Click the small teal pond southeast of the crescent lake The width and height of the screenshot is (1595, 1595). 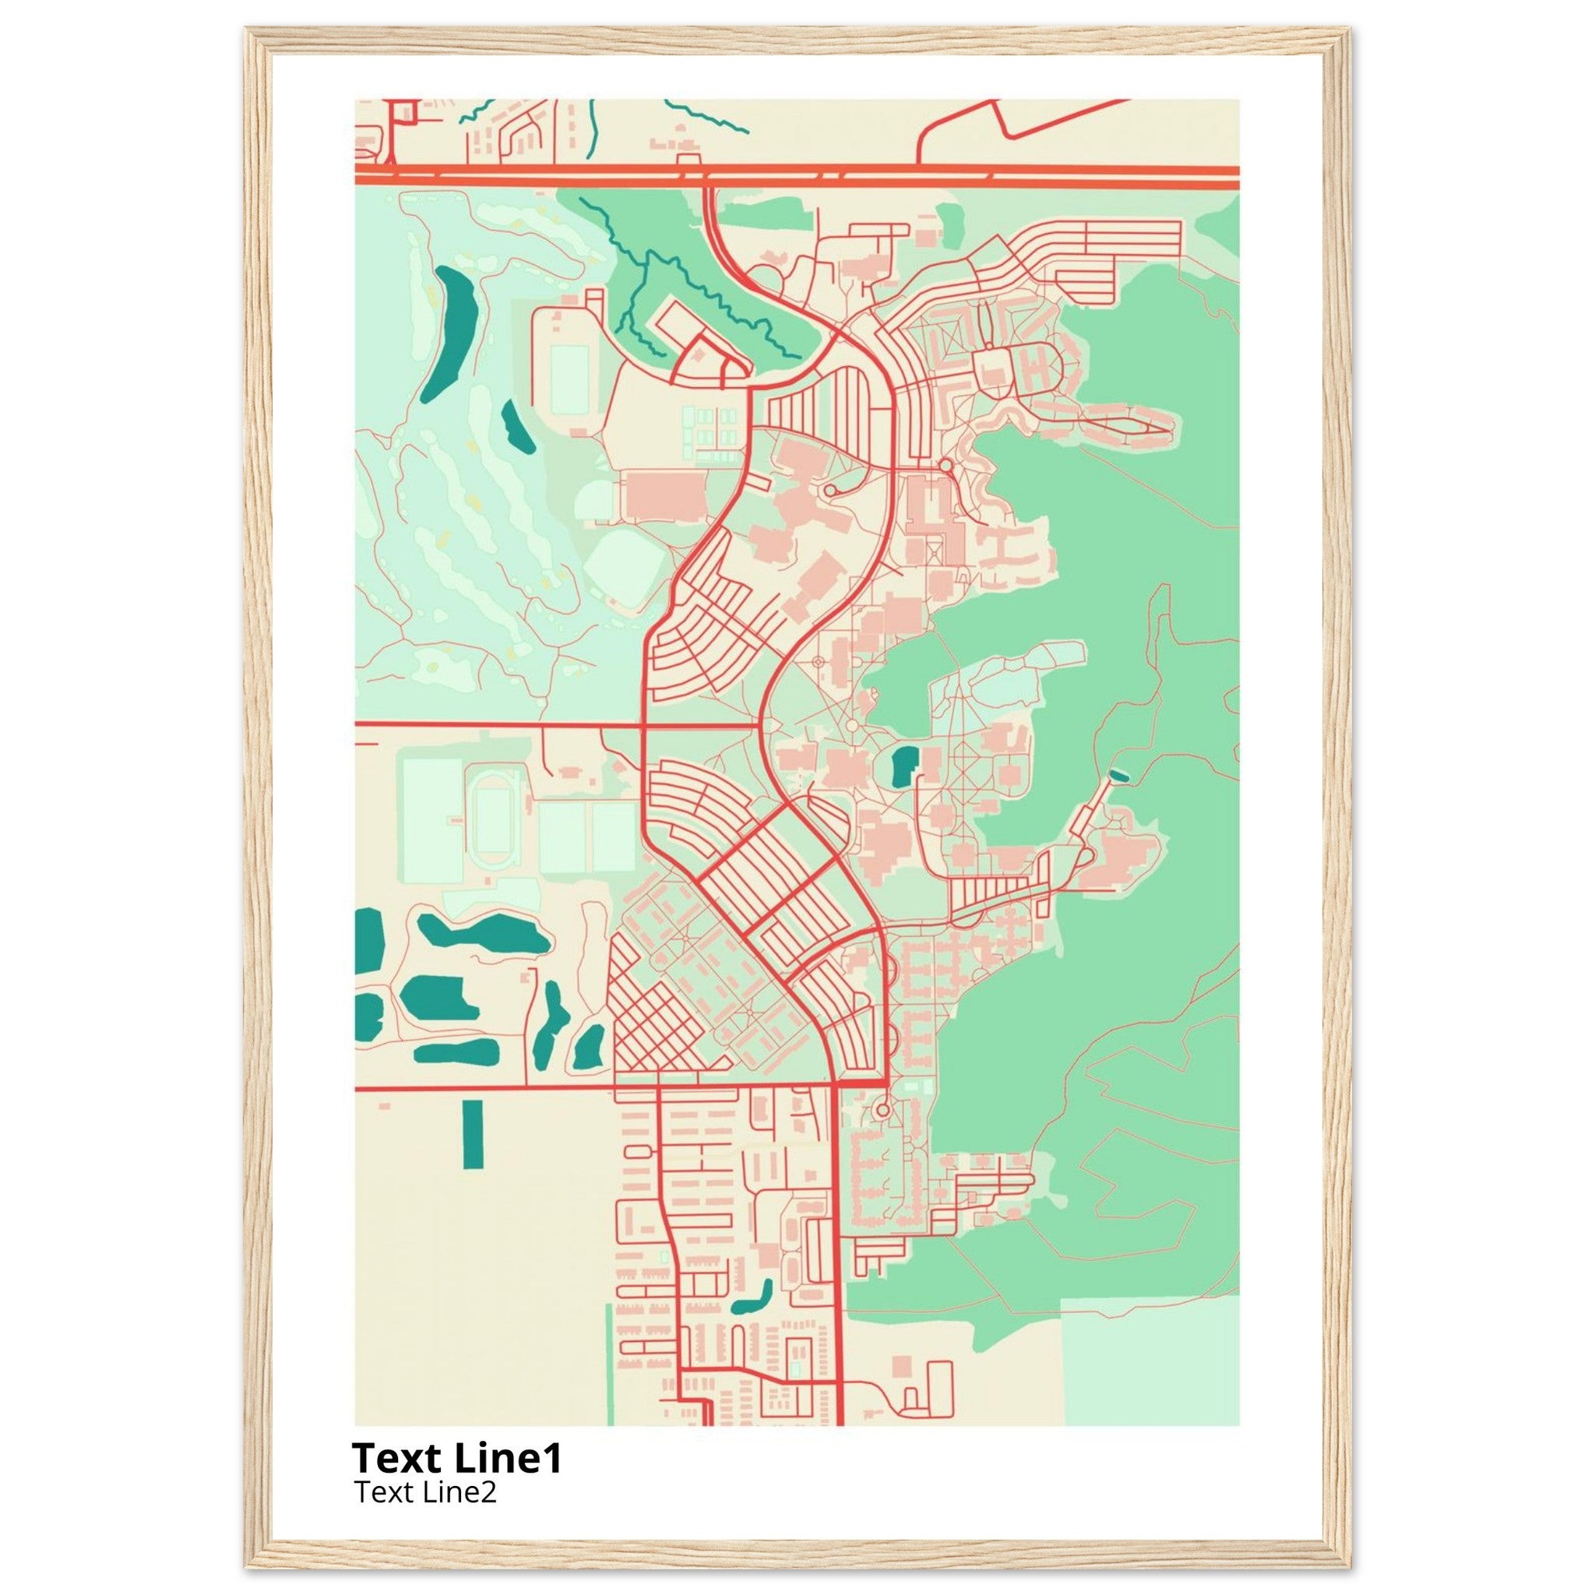(515, 427)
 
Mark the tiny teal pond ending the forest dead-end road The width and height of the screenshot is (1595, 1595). (1118, 774)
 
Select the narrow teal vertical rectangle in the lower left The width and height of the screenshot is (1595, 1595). (472, 1133)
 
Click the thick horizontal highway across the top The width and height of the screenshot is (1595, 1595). (797, 171)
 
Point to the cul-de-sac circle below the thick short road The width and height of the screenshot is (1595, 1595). (882, 1111)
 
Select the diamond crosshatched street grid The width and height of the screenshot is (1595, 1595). (652, 1021)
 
